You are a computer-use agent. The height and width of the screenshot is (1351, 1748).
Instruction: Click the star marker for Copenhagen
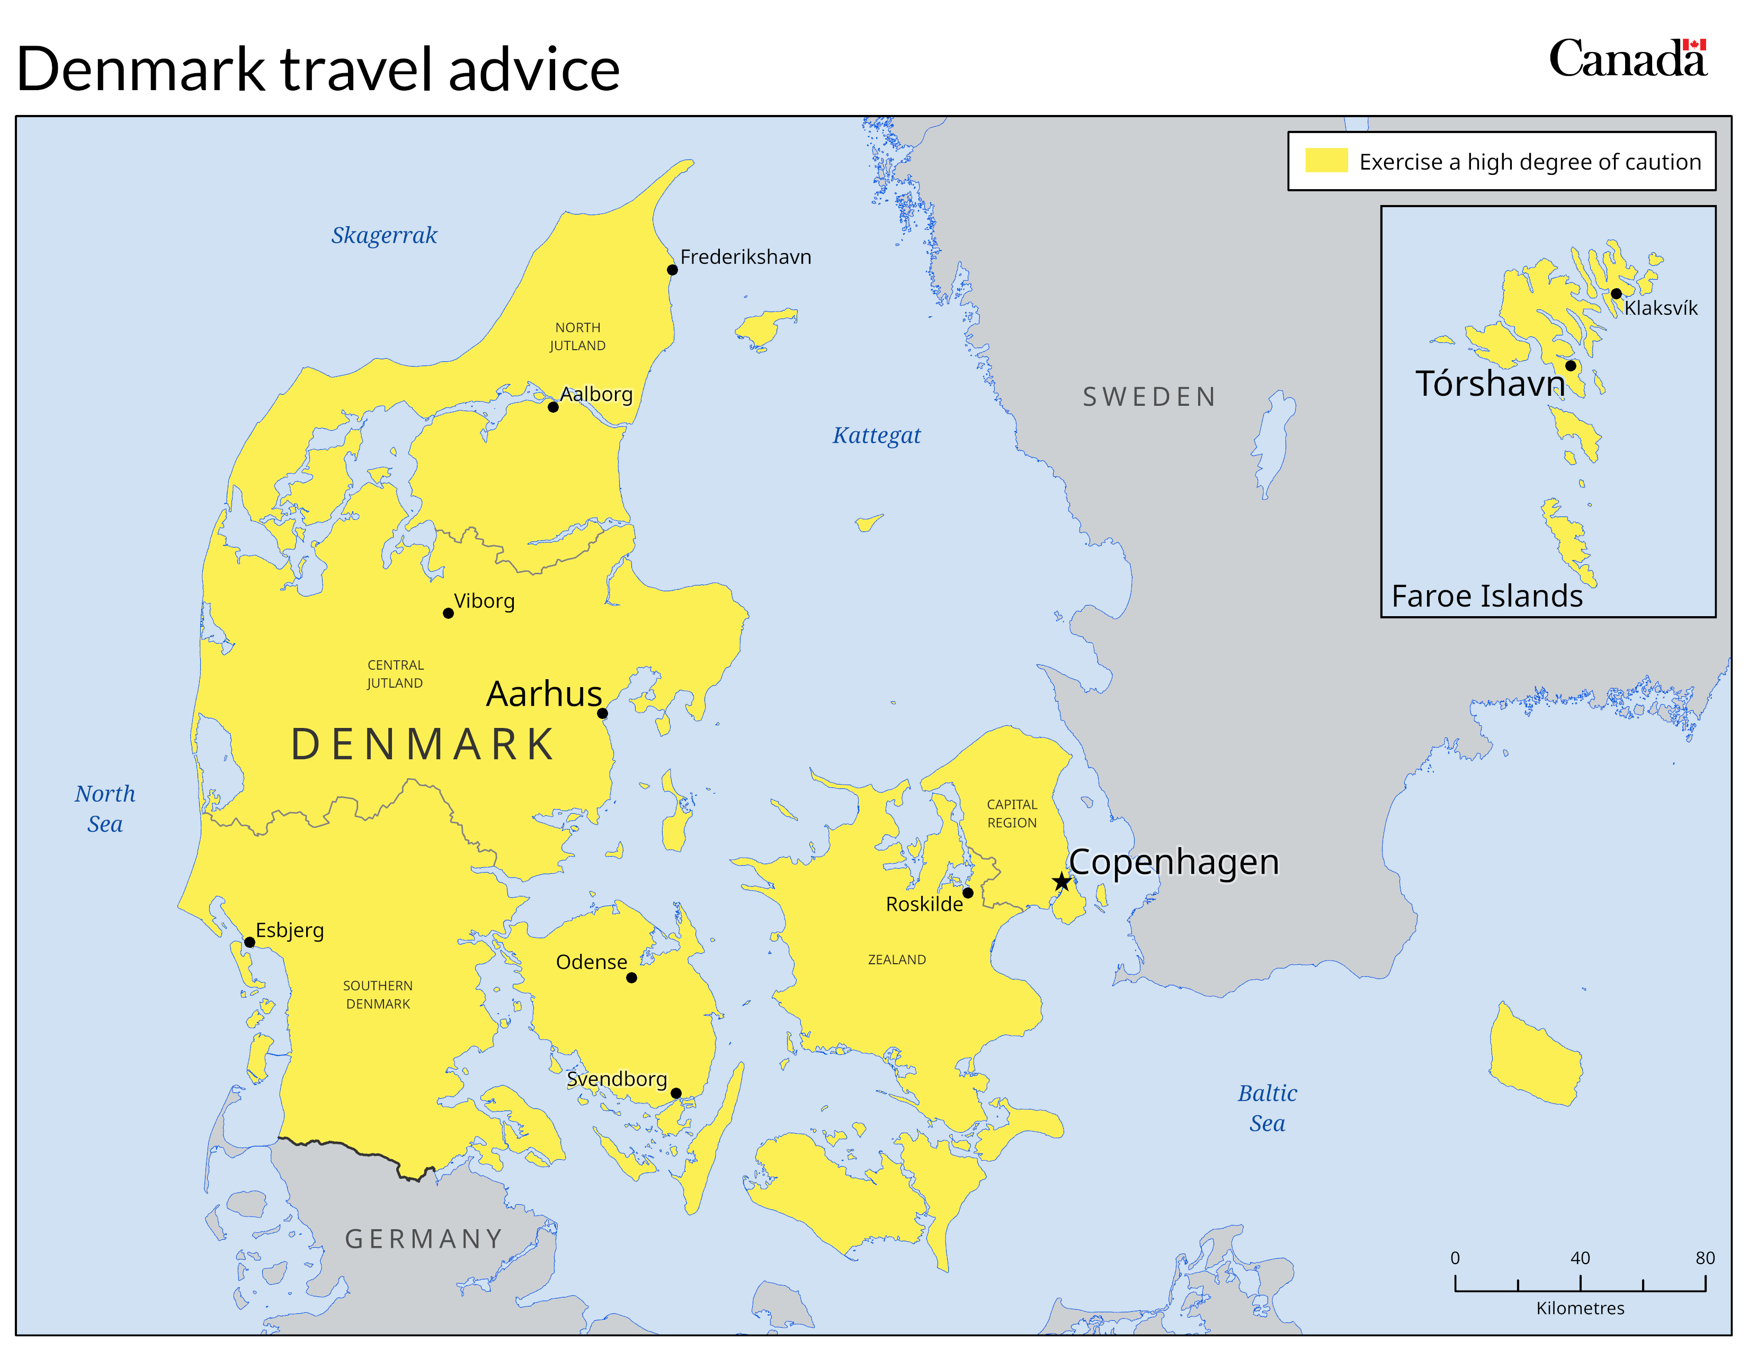tap(1062, 882)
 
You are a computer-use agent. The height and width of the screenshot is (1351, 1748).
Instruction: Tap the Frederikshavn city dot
tap(672, 270)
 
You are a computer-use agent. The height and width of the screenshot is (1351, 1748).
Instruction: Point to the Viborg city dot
tap(448, 613)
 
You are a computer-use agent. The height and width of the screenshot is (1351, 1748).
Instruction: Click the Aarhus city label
tap(543, 693)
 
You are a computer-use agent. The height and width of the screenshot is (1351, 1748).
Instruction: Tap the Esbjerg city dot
tap(249, 942)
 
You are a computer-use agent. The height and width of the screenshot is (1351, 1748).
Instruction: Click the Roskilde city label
tap(924, 904)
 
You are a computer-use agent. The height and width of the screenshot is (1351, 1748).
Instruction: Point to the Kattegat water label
tap(877, 435)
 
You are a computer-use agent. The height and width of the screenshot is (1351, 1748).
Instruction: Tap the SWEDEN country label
tap(1149, 397)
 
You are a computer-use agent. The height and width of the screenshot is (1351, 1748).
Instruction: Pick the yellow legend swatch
tap(1326, 161)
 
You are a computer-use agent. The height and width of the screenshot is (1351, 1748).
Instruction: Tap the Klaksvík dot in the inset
tap(1616, 294)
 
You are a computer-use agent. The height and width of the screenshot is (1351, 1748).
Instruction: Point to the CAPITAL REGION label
tap(1012, 813)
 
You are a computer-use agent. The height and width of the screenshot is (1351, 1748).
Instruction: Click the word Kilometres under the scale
tap(1580, 1308)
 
